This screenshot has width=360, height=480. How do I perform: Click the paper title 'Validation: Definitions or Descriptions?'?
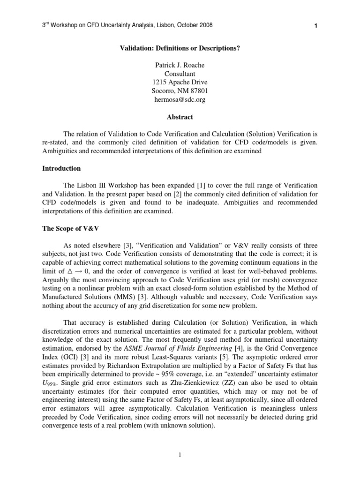tap(180, 48)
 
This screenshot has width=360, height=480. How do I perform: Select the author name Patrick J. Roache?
tap(180, 66)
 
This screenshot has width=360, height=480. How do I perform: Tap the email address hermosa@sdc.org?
tap(180, 99)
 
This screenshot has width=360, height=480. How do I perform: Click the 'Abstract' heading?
tap(180, 117)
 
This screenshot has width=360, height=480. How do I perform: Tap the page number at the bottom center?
tap(180, 454)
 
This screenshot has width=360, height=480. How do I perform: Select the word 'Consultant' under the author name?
tap(180, 74)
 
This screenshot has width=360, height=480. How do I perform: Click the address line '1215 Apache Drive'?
tap(180, 82)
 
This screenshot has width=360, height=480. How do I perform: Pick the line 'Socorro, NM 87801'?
tap(180, 91)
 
